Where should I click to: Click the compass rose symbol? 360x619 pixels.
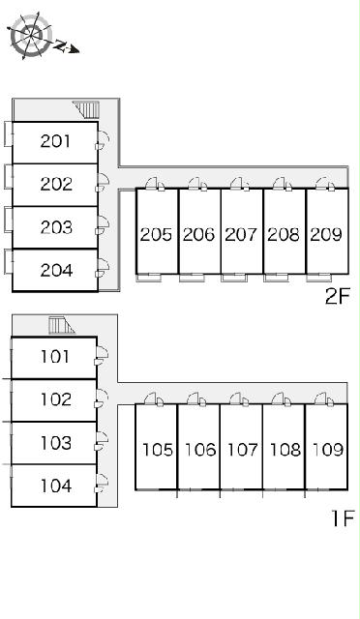point(32,35)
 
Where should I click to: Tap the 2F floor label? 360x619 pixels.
point(338,296)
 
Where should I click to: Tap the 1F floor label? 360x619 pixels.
point(343,518)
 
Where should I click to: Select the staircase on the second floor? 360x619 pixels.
point(86,109)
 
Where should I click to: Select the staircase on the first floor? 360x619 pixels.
point(61,325)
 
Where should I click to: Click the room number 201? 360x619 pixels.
point(55,141)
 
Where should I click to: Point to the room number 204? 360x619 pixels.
point(56,271)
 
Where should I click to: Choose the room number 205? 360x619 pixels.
point(156,234)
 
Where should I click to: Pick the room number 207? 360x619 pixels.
point(241,234)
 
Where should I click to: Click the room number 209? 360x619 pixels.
point(326,234)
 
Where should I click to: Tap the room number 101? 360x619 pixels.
point(55,357)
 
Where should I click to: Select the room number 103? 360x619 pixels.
point(56,443)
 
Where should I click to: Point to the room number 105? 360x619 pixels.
point(158,450)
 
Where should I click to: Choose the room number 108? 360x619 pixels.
point(285,450)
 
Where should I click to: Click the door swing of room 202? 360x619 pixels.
point(104,180)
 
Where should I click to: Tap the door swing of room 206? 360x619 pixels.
point(195,183)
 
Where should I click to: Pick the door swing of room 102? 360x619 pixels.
point(103,396)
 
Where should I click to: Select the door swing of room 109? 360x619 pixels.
point(321,398)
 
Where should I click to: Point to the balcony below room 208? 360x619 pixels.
point(276,278)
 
